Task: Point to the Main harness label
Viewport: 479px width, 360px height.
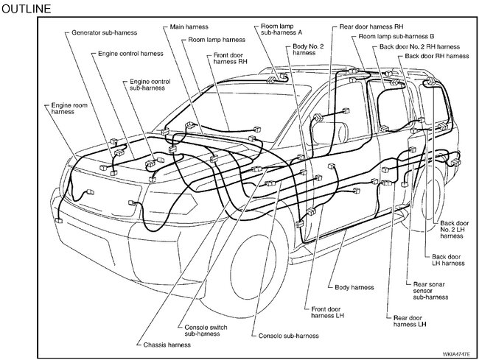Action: tap(187, 27)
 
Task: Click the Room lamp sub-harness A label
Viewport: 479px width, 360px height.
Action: tap(278, 31)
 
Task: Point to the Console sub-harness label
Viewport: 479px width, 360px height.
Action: tap(289, 336)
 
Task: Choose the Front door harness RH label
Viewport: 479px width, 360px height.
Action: tap(232, 58)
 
